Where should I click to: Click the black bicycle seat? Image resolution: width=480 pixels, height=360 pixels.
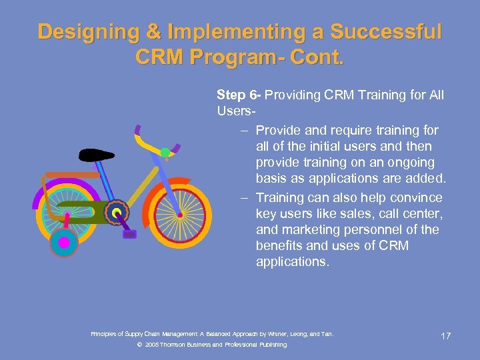97,156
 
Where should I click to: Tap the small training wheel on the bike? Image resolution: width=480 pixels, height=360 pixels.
64,243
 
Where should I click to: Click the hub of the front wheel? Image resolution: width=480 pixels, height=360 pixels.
179,215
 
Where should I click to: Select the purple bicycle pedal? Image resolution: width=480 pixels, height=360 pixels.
130,234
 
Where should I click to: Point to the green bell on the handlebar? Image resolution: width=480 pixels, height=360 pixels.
165,153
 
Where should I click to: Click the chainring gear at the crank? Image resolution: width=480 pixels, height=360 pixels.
117,213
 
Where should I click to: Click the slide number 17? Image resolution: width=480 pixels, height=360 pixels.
445,335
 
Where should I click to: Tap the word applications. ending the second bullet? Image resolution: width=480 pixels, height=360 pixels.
292,262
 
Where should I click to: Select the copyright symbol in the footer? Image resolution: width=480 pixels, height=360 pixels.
139,345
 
